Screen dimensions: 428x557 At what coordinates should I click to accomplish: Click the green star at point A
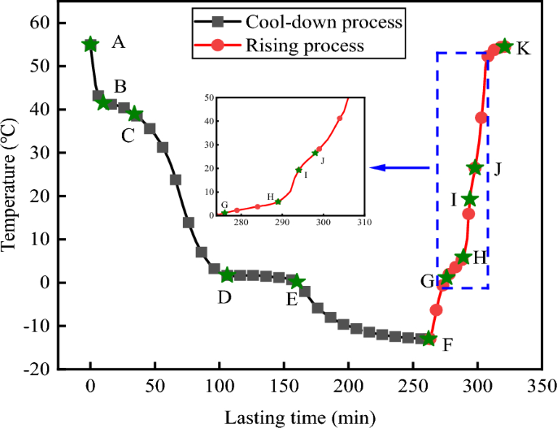coord(90,44)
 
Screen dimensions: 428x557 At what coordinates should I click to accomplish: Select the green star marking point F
coord(429,339)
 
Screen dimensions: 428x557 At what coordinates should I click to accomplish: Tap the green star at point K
coord(504,46)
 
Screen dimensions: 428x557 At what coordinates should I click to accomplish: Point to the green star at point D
coord(227,275)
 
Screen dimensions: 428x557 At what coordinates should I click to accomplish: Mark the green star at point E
coord(297,282)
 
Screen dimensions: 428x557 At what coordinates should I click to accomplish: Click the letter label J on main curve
coord(497,168)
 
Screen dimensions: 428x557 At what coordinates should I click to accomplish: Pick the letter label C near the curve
coord(128,136)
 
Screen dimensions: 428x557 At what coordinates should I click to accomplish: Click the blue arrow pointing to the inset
coord(398,168)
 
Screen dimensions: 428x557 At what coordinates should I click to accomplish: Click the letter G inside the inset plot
coord(224,205)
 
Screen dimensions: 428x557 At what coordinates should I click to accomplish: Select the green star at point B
coord(103,103)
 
